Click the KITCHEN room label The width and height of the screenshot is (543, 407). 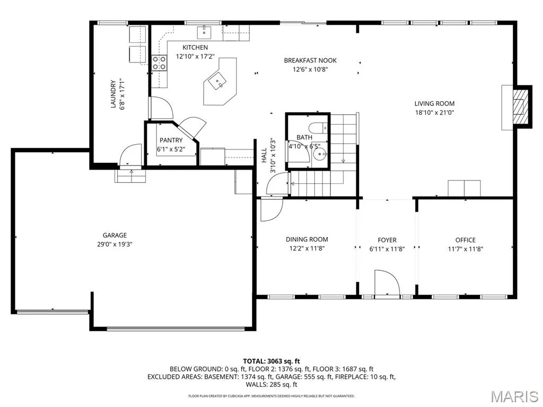(x=195, y=47)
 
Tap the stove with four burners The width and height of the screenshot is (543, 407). (x=159, y=63)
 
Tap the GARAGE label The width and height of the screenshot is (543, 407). (x=115, y=235)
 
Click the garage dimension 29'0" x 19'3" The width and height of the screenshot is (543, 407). (x=115, y=244)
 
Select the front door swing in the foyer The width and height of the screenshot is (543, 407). (x=387, y=282)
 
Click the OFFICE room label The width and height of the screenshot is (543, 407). (x=466, y=240)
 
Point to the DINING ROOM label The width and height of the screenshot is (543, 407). (x=307, y=239)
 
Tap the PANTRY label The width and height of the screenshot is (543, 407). (x=171, y=140)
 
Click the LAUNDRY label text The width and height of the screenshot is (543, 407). (x=113, y=94)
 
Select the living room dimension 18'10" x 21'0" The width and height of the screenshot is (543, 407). (x=435, y=112)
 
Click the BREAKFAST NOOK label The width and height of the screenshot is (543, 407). (x=310, y=60)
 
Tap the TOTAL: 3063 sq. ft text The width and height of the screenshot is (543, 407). (x=271, y=361)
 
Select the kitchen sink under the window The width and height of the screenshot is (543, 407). (x=204, y=32)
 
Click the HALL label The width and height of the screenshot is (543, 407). (x=264, y=155)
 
